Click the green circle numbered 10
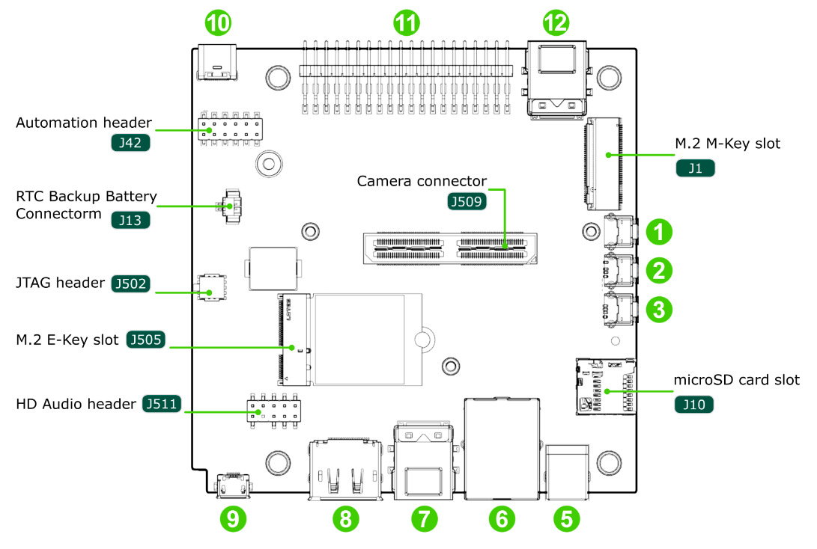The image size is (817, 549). click(218, 24)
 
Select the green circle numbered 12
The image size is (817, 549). click(556, 24)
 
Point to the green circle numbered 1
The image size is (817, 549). click(658, 232)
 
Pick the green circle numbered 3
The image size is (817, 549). click(658, 309)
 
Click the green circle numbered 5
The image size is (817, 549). click(567, 517)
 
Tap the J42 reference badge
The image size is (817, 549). click(130, 142)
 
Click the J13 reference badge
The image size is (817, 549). click(130, 220)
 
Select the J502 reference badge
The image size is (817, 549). click(130, 283)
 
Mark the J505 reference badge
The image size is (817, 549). click(145, 340)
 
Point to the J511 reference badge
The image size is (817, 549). click(161, 405)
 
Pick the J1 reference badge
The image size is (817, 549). click(695, 168)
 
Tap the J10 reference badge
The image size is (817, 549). click(694, 405)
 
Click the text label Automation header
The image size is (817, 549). click(84, 123)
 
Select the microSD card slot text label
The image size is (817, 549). click(736, 380)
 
